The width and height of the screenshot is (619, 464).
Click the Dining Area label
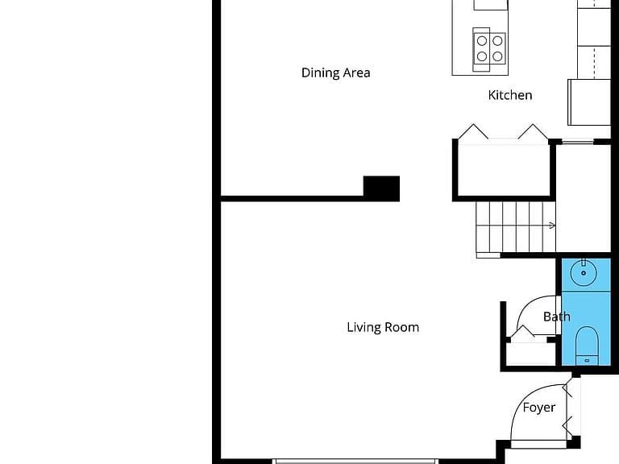pyautogui.click(x=335, y=72)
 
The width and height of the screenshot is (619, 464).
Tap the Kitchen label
pyautogui.click(x=510, y=95)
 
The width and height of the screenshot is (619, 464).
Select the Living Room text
pyautogui.click(x=383, y=328)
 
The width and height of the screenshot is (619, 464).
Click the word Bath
pyautogui.click(x=557, y=317)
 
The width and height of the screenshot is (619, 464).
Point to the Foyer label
pyautogui.click(x=539, y=408)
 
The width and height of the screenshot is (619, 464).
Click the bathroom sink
pyautogui.click(x=584, y=272)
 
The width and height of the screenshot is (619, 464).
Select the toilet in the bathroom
pyautogui.click(x=587, y=346)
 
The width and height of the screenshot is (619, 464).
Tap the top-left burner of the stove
pyautogui.click(x=482, y=40)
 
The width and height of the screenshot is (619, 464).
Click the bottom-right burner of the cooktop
pyautogui.click(x=497, y=56)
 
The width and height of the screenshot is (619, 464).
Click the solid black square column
pyautogui.click(x=381, y=188)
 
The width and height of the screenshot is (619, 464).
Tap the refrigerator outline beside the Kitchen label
pyautogui.click(x=589, y=102)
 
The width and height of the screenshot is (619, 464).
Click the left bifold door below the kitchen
pyautogui.click(x=473, y=132)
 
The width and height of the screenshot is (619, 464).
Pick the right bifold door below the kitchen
pyautogui.click(x=533, y=132)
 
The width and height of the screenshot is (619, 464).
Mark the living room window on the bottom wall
pyautogui.click(x=355, y=462)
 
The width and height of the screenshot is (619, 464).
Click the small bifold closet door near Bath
pyautogui.click(x=522, y=331)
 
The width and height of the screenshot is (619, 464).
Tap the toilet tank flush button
pyautogui.click(x=587, y=360)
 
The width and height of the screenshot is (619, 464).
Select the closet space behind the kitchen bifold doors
pyautogui.click(x=504, y=170)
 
